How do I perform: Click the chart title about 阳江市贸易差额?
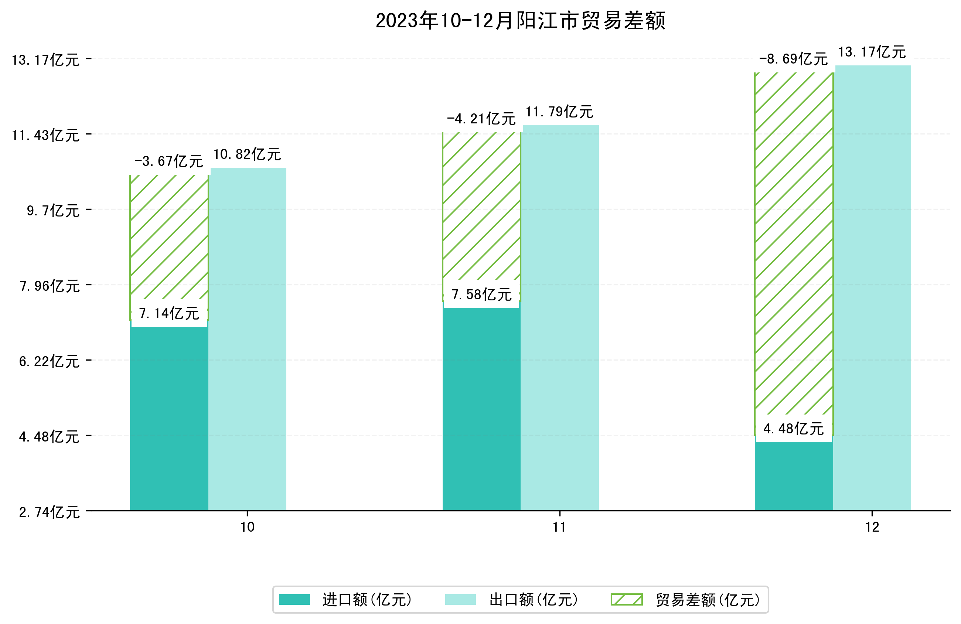tap(520, 21)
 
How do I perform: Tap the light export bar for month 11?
tap(559, 319)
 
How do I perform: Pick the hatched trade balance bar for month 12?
tap(793, 242)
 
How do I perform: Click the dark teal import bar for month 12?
tap(793, 477)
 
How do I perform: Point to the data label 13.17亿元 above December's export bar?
tap(872, 52)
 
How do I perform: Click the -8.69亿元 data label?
tap(793, 59)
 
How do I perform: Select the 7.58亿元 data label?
tap(481, 295)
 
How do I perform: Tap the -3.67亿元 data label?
tap(169, 161)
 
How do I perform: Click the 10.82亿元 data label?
tap(247, 154)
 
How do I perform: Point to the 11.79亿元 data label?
tap(559, 112)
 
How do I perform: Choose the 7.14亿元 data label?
tap(169, 313)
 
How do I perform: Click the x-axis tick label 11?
tap(559, 527)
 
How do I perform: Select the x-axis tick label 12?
tap(872, 527)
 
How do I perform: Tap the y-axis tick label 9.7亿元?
tap(53, 211)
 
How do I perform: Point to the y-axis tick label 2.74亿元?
tap(49, 512)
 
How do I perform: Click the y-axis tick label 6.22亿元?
tap(49, 361)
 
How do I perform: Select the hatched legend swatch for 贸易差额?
tap(626, 600)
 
